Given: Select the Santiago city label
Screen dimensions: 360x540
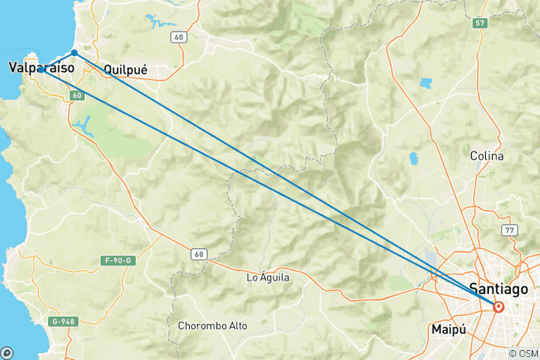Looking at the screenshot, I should (497, 288).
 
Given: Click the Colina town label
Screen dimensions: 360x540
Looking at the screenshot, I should (486, 156).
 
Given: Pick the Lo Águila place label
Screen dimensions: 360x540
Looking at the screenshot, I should (268, 277).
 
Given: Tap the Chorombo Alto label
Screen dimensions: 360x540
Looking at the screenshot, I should (212, 325).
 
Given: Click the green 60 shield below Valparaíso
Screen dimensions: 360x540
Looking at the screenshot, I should (78, 95).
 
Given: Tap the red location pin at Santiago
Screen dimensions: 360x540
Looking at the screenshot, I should (498, 306).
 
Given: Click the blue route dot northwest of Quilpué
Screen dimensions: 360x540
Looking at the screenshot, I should (74, 52).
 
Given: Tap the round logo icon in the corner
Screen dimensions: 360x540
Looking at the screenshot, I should (7, 352).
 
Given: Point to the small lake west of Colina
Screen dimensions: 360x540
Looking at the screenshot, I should (413, 159).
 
